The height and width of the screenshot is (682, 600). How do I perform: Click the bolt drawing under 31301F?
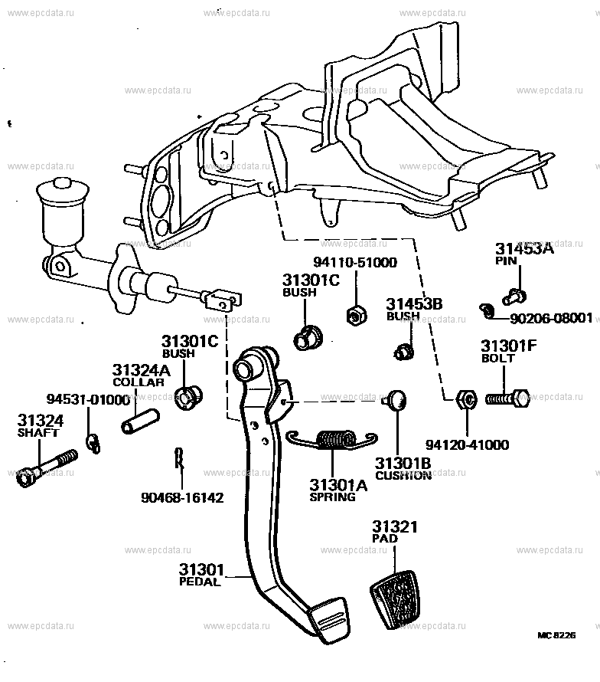[507, 398]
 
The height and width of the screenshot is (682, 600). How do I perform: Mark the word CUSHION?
[403, 476]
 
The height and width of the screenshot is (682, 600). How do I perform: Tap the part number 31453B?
[413, 303]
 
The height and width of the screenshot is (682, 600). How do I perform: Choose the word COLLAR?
[139, 382]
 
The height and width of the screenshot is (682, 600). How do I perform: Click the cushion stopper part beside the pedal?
[396, 398]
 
